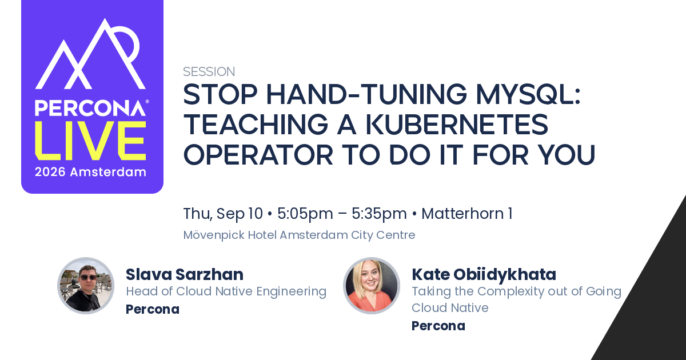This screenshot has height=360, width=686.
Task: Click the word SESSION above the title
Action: [209, 71]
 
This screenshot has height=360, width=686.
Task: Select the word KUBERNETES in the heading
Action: [457, 125]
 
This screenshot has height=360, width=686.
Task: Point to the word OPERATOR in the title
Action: [258, 154]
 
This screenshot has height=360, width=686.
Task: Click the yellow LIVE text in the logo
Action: [90, 141]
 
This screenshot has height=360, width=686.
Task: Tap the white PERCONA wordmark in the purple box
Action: [90, 108]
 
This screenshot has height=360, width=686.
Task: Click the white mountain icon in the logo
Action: [90, 54]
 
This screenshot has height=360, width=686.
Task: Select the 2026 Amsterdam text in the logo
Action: [90, 172]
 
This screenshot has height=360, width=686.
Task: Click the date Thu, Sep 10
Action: [223, 214]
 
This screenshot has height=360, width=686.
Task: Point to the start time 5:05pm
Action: [305, 214]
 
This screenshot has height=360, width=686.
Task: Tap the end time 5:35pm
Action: [379, 214]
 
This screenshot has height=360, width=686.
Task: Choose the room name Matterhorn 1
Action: [466, 214]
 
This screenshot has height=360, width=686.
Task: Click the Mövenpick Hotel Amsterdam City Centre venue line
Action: [299, 235]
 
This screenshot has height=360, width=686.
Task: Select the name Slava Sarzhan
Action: [185, 274]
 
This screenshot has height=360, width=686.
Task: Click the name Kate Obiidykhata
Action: [484, 274]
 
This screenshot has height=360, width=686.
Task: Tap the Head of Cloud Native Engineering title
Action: [226, 291]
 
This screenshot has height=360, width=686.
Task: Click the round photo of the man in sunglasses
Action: [86, 286]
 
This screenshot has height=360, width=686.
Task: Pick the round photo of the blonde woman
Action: [372, 286]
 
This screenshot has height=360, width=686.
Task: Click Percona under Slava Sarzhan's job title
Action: [153, 309]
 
